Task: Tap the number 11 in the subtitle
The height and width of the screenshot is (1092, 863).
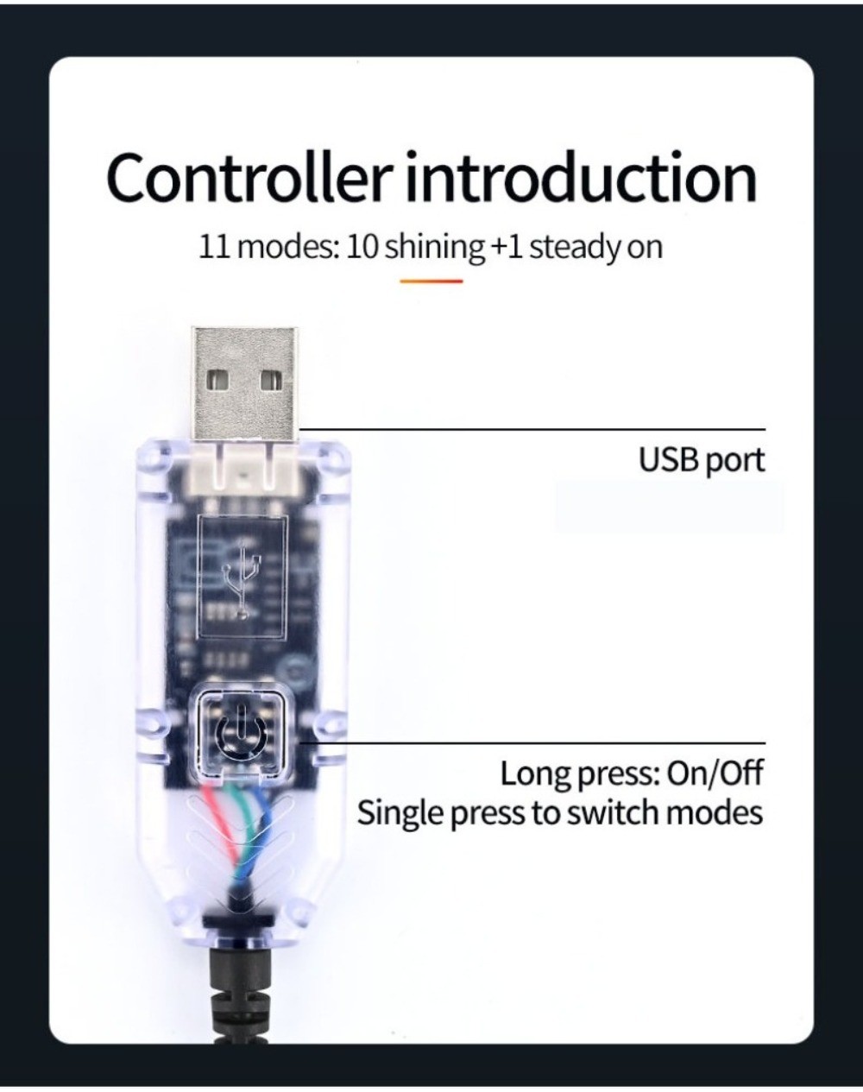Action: pos(216,248)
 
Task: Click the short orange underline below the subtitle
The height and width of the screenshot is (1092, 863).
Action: pos(431,281)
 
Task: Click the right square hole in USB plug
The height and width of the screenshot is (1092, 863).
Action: pos(272,379)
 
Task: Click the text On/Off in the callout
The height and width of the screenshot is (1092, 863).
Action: pos(715,773)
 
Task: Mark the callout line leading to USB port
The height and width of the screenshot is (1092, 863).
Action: pos(535,429)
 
